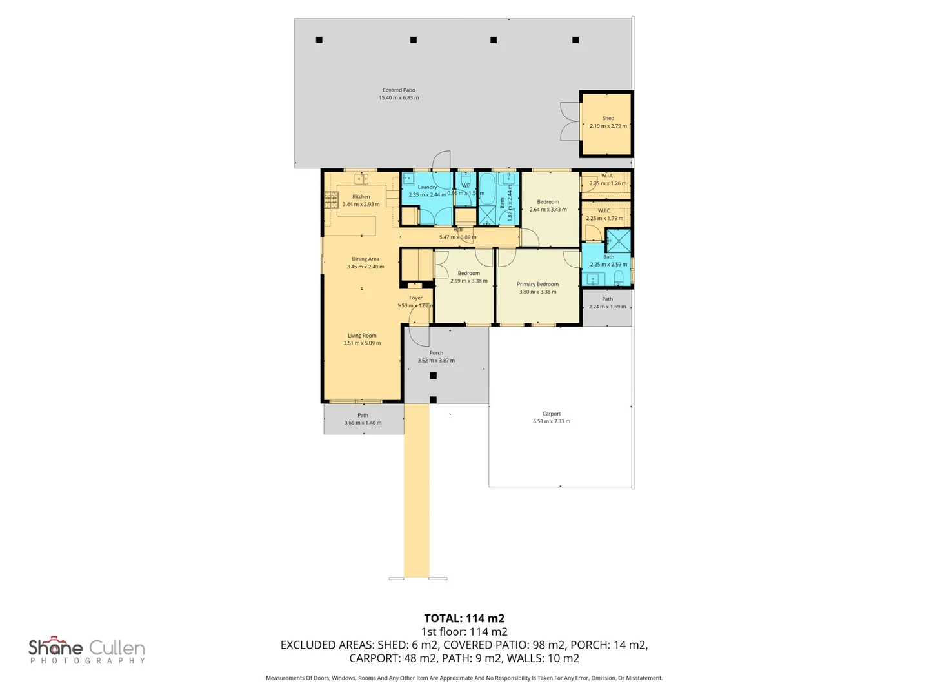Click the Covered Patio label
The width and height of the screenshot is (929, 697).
[399, 90]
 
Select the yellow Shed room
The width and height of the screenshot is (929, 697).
[607, 124]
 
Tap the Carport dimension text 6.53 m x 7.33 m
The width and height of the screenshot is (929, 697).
[552, 421]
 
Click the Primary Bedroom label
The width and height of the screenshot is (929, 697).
[537, 284]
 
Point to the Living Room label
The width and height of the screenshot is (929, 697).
[362, 336]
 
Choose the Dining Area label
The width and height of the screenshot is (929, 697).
[365, 259]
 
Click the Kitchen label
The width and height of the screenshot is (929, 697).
[361, 197]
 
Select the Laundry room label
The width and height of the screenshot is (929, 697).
[427, 187]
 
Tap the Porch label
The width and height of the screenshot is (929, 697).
[436, 353]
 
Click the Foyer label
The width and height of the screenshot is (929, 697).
[415, 298]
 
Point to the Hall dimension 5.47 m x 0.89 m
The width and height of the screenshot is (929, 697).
[458, 237]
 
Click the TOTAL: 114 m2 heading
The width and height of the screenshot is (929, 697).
[464, 618]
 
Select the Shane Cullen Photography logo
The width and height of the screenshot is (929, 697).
[87, 650]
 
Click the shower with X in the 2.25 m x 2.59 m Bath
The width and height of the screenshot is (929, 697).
[618, 241]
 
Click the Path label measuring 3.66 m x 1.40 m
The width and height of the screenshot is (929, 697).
[363, 416]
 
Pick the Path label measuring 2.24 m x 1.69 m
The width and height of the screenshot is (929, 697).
[607, 299]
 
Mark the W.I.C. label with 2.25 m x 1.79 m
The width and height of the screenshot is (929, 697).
[604, 211]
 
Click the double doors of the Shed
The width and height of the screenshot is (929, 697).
[570, 121]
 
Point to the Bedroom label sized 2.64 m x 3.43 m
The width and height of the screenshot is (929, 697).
[548, 202]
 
